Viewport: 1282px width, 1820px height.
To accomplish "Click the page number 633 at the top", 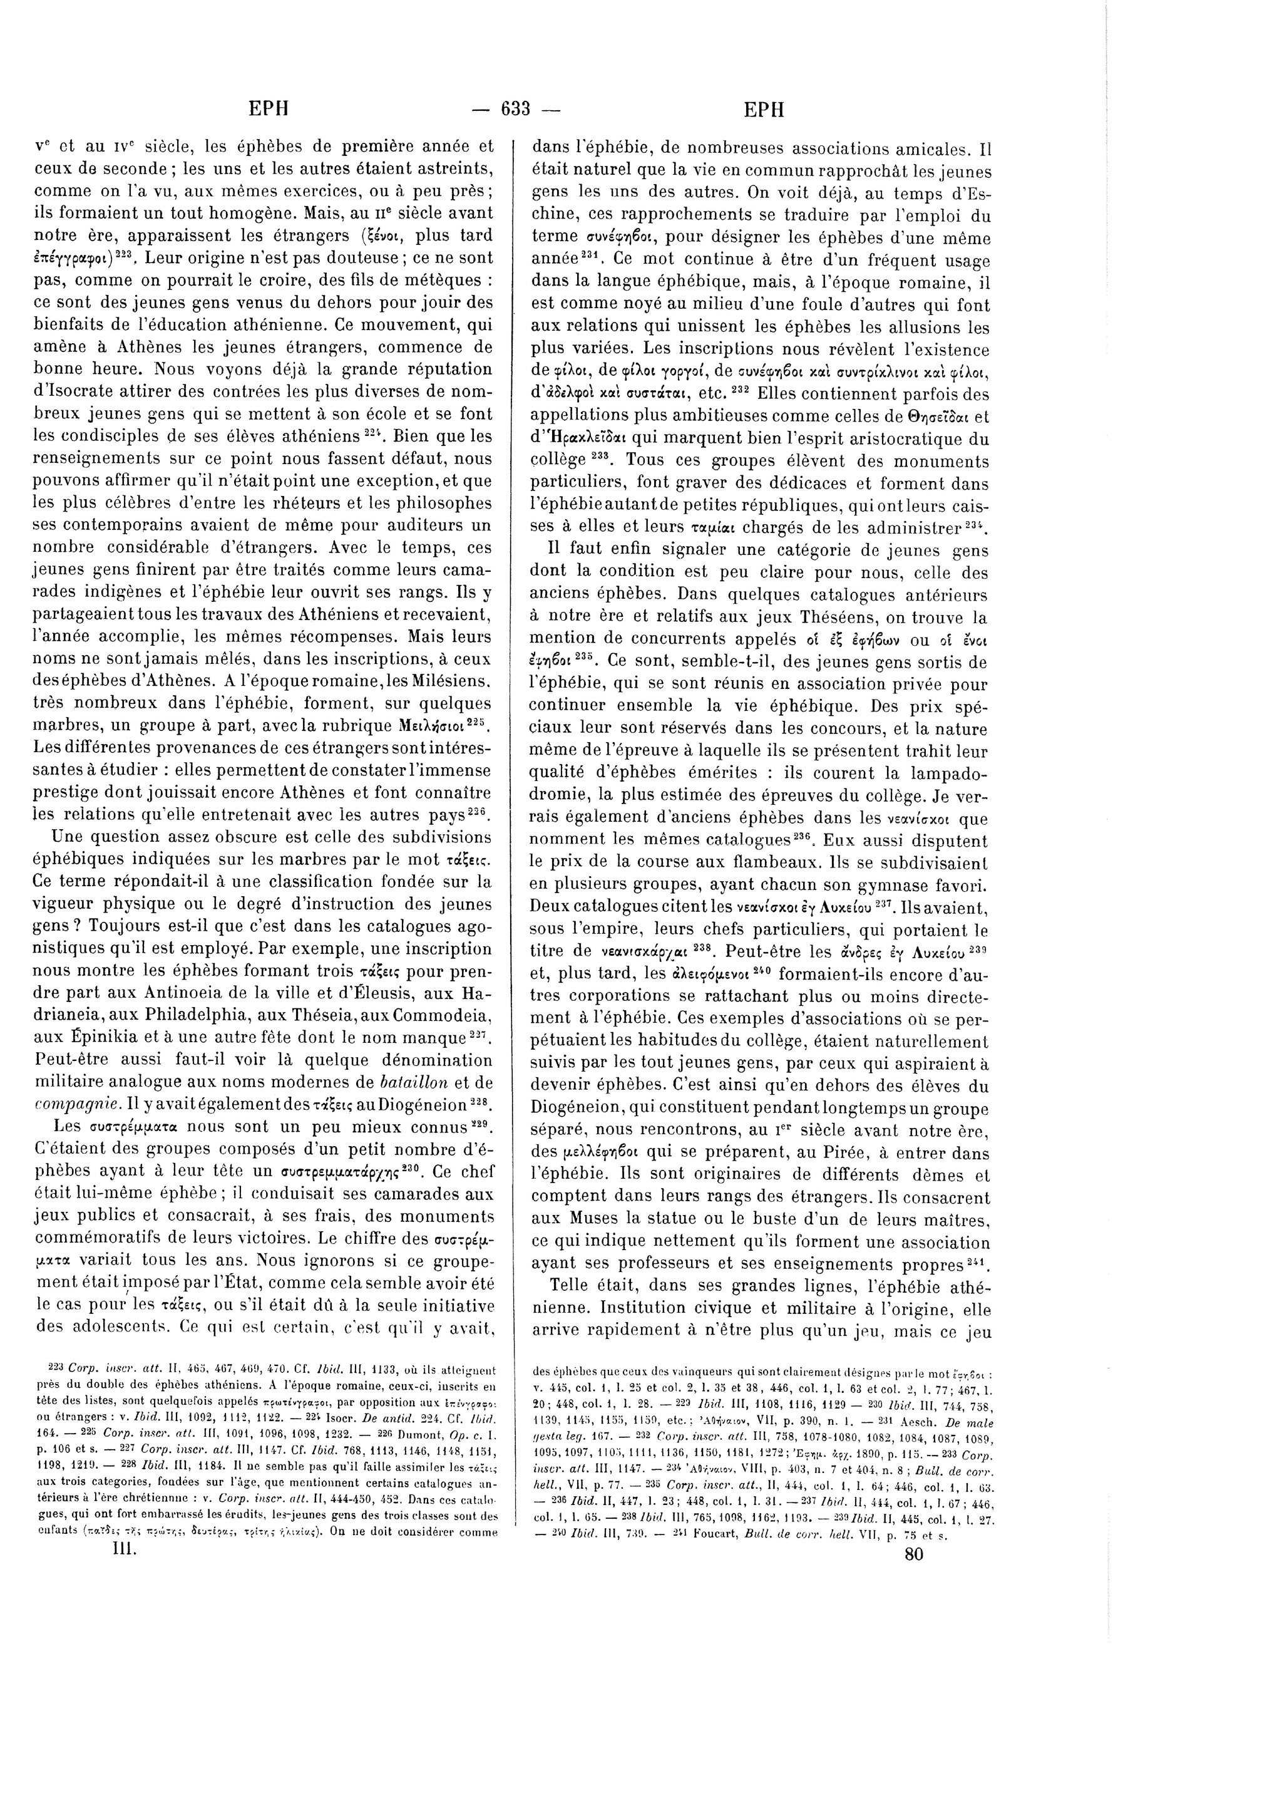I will click(515, 110).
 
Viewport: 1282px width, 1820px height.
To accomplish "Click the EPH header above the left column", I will click(269, 110).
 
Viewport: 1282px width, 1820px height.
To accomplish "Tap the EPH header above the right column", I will click(764, 110).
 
